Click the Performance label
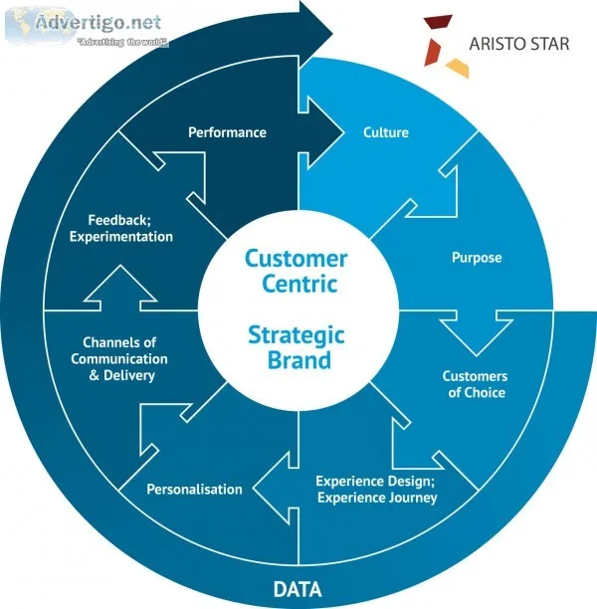[x=227, y=132]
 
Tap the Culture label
[x=386, y=132]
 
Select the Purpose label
[x=477, y=258]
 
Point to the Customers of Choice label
[x=476, y=384]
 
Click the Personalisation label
[x=194, y=489]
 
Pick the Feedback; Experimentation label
[x=120, y=229]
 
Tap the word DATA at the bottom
[x=298, y=589]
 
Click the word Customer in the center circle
[x=296, y=259]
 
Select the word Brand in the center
[x=299, y=360]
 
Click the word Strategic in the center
[x=297, y=335]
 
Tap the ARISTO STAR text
[x=519, y=44]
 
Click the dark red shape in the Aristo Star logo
[x=439, y=21]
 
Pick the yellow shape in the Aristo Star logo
[x=458, y=68]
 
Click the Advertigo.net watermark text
[x=99, y=22]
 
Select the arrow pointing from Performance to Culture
[x=321, y=132]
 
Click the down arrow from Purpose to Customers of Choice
[x=477, y=334]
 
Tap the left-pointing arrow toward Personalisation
[x=276, y=489]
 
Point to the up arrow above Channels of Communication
[x=120, y=289]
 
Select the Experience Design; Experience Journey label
[x=377, y=490]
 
